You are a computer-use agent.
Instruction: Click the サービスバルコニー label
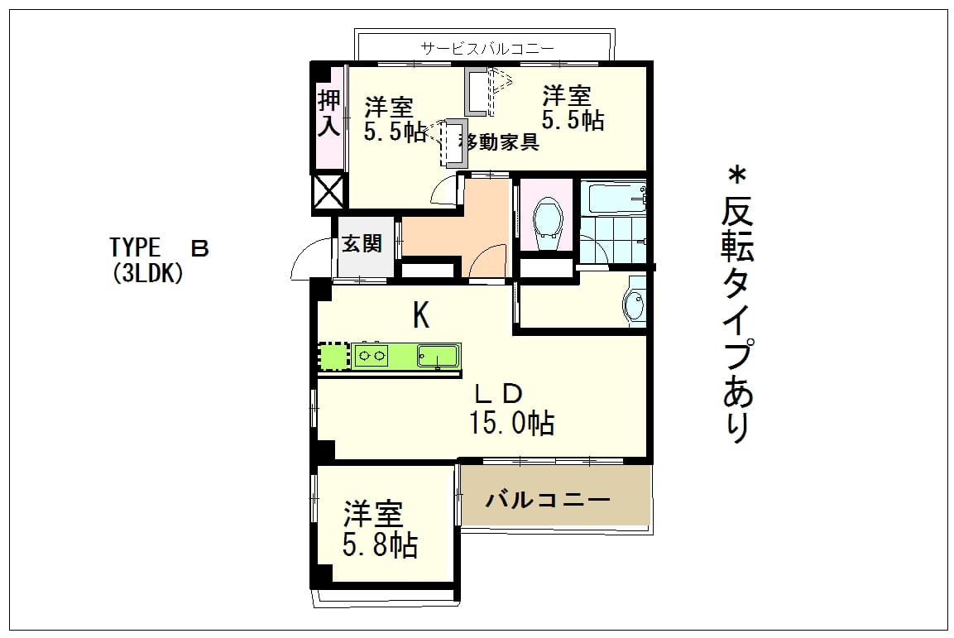(487, 48)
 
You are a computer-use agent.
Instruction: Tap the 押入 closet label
(329, 113)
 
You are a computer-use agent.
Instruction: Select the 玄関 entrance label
(362, 243)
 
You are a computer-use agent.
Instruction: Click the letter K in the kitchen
(421, 315)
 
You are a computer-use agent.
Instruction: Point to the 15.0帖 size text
(511, 422)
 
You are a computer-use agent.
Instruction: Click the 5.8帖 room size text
(381, 545)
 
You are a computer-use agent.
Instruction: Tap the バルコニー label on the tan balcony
(548, 500)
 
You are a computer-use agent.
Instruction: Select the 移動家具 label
(499, 142)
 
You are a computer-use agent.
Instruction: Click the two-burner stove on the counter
(372, 356)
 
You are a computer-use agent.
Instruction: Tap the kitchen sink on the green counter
(437, 356)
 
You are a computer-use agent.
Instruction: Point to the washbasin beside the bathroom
(635, 302)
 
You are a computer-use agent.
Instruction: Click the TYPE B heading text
(160, 248)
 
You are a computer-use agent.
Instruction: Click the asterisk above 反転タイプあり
(736, 176)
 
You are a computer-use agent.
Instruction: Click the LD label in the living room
(498, 394)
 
